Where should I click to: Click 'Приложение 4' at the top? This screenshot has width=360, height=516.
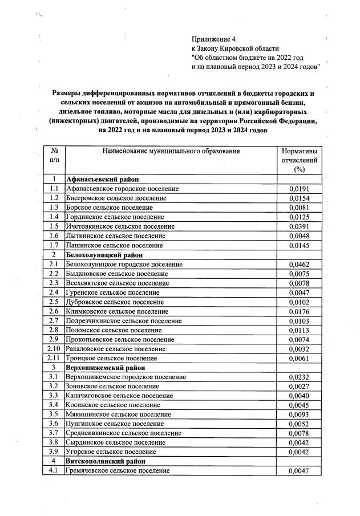pos(213,39)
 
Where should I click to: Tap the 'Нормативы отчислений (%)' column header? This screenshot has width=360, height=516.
pos(299,160)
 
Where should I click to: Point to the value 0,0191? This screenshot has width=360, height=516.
pos(299,189)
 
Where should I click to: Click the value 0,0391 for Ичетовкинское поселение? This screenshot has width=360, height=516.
pos(299,226)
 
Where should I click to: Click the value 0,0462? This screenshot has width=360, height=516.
pos(299,265)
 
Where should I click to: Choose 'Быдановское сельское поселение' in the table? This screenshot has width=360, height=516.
pos(117,274)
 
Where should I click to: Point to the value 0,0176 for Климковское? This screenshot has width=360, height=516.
pos(299,311)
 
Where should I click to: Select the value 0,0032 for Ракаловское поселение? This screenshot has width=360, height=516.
pos(299,349)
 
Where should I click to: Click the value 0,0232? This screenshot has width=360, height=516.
pos(299,377)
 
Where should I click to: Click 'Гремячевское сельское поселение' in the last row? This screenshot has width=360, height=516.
pos(118,471)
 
